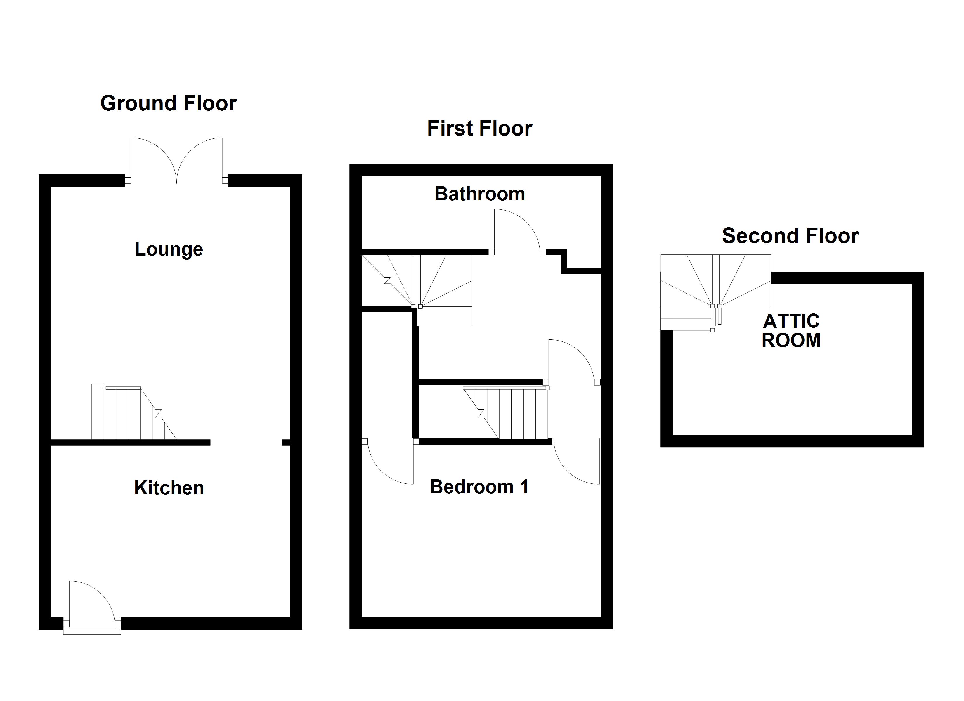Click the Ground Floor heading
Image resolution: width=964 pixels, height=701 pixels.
point(168,103)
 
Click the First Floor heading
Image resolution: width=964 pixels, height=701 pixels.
point(479,129)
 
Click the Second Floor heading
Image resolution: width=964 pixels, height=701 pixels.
point(790,236)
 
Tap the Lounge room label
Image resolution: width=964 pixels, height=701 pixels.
point(169,249)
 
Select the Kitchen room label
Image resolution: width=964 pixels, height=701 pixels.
point(169,488)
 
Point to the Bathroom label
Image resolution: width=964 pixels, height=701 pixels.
point(479,194)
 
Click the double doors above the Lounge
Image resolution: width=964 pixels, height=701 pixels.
point(176,162)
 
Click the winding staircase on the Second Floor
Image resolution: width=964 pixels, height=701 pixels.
point(716,291)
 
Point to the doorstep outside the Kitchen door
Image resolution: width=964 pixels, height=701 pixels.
point(92,632)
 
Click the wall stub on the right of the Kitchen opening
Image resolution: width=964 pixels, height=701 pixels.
point(286,443)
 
